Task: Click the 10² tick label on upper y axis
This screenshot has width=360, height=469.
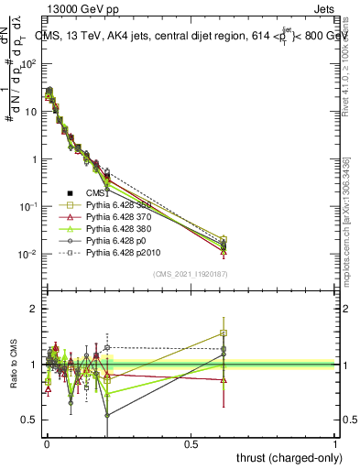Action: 28,64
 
